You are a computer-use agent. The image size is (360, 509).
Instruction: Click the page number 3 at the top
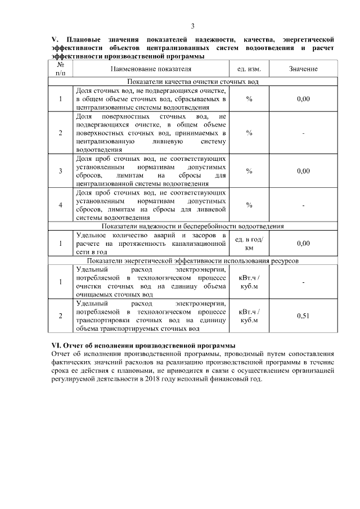pos(192,26)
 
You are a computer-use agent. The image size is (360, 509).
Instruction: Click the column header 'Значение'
pos(303,69)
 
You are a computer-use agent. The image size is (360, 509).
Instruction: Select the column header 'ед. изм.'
pos(249,69)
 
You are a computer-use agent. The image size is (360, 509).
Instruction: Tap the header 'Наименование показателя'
pos(151,69)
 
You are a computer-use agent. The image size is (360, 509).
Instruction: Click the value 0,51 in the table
pos(303,316)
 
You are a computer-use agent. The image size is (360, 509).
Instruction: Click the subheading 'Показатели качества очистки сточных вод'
pos(192,82)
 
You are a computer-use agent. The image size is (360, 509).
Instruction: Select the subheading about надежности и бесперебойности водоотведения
pos(192,226)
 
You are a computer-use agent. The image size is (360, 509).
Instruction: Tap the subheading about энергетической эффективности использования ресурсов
pos(192,261)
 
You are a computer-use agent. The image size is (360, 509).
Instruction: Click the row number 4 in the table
pos(61,205)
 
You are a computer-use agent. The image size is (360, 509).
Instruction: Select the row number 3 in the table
pos(61,171)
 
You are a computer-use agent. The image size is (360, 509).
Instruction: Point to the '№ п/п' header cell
pos(61,69)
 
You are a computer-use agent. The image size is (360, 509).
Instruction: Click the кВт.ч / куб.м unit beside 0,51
pos(249,316)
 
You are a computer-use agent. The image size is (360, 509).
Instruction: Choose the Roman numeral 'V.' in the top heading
pos(55,40)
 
